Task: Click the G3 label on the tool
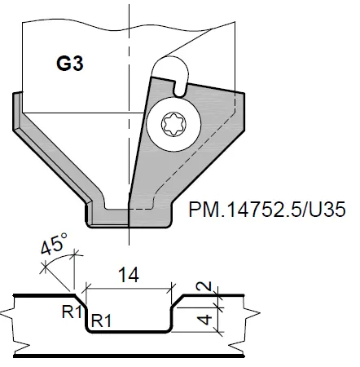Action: pos(69,63)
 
